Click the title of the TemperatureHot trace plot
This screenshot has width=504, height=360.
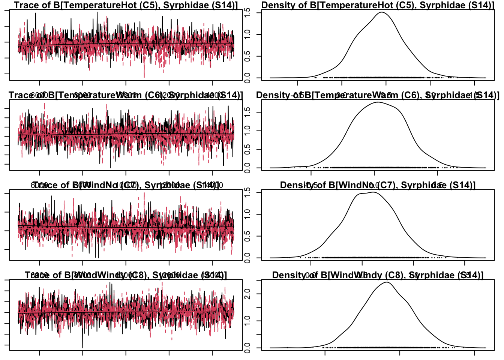click(126, 5)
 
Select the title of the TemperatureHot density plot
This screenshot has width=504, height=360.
click(378, 5)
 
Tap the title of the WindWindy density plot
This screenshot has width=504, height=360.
click(378, 275)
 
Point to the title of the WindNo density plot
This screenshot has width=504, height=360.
click(378, 185)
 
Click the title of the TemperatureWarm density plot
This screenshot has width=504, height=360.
click(378, 95)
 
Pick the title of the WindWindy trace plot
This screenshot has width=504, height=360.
click(126, 275)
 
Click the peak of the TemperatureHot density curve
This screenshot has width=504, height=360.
click(382, 12)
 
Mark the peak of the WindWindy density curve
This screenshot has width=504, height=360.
click(387, 282)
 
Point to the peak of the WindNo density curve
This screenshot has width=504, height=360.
click(373, 192)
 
